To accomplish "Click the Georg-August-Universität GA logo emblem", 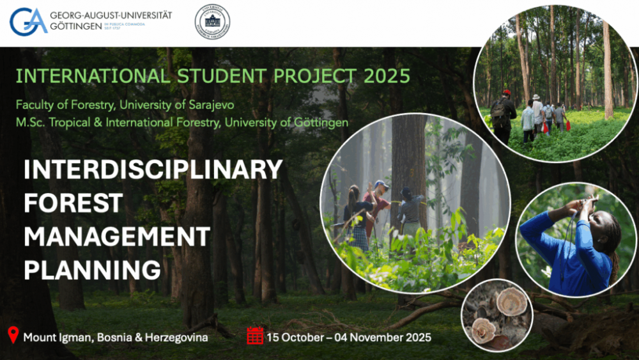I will pos(28,22).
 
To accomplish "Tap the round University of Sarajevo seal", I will pos(212,22).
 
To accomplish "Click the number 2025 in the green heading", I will pos(387,76).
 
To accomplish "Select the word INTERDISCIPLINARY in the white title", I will pos(153,170).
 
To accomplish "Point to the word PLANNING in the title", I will pos(92,270).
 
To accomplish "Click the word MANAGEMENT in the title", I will pos(117,237).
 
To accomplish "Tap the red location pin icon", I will pos(13,335).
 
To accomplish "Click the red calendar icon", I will pos(255,335).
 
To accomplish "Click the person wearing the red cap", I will pos(504,112).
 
